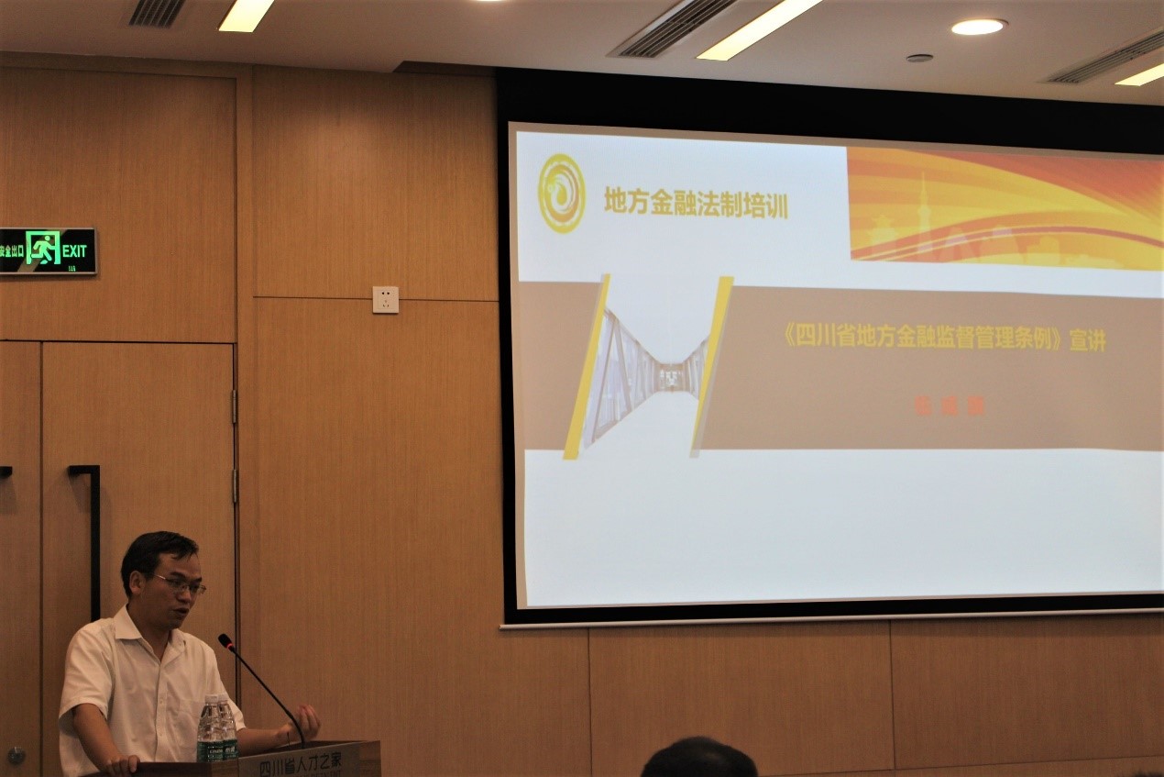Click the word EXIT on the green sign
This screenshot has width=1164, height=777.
tap(74, 250)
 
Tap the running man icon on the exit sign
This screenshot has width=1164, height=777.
tap(42, 249)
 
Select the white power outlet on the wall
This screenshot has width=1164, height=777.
tap(385, 300)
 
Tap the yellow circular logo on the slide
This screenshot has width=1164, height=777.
tap(561, 193)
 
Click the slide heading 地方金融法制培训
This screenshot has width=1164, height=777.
tap(696, 203)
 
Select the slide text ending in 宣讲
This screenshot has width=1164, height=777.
tap(944, 339)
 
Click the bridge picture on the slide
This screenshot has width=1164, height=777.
tap(648, 368)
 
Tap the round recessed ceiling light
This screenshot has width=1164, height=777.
tap(978, 27)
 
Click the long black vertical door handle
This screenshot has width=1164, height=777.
tap(93, 541)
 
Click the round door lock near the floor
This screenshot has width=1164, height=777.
tap(16, 755)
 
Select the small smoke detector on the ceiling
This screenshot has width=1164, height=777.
tap(919, 58)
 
